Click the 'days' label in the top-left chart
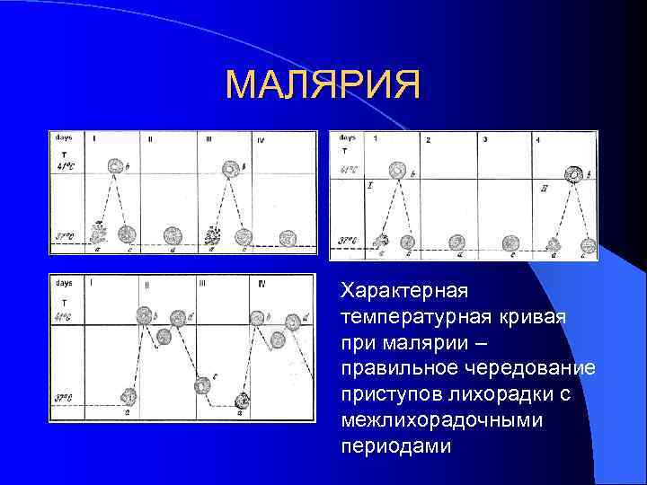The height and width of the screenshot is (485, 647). click(63, 137)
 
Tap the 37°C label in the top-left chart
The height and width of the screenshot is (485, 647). click(65, 237)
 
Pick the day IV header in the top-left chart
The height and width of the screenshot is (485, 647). click(260, 140)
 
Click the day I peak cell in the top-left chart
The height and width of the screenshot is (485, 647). click(116, 167)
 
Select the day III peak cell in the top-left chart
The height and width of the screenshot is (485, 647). click(231, 169)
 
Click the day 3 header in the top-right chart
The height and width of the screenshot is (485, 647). click(484, 139)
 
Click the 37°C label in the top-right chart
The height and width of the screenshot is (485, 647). click(348, 241)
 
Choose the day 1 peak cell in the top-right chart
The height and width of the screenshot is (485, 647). click(396, 170)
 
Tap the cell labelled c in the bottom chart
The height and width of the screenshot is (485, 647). click(203, 384)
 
